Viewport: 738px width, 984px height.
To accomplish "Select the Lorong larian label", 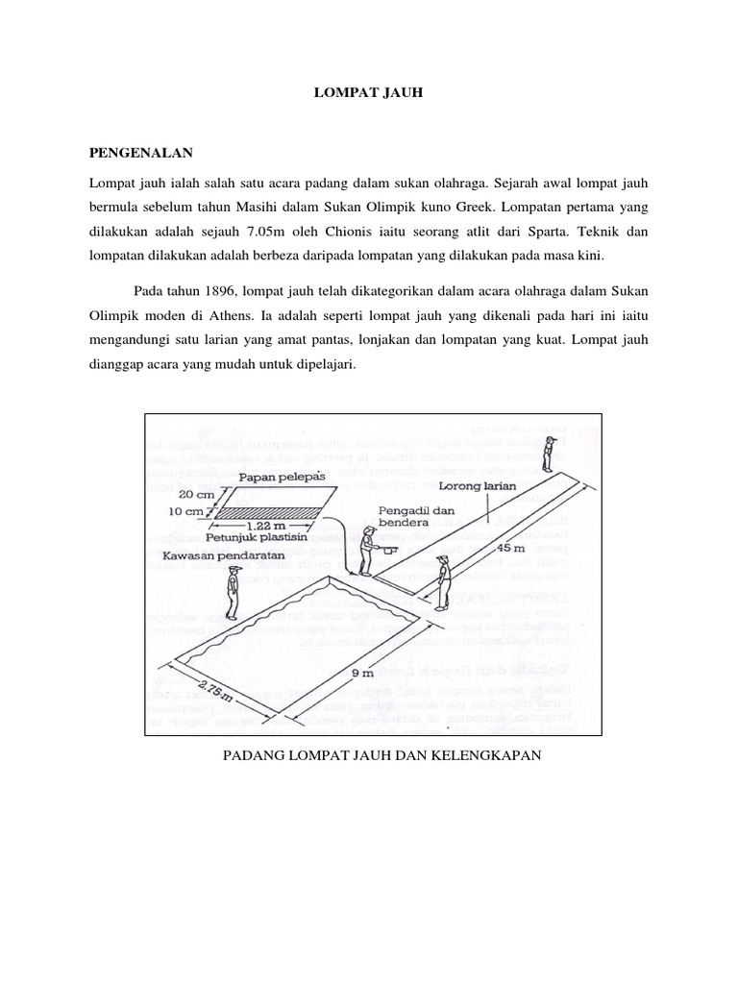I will coord(516,487).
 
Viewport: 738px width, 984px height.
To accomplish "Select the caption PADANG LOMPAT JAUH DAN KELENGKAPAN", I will coord(382,755).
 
